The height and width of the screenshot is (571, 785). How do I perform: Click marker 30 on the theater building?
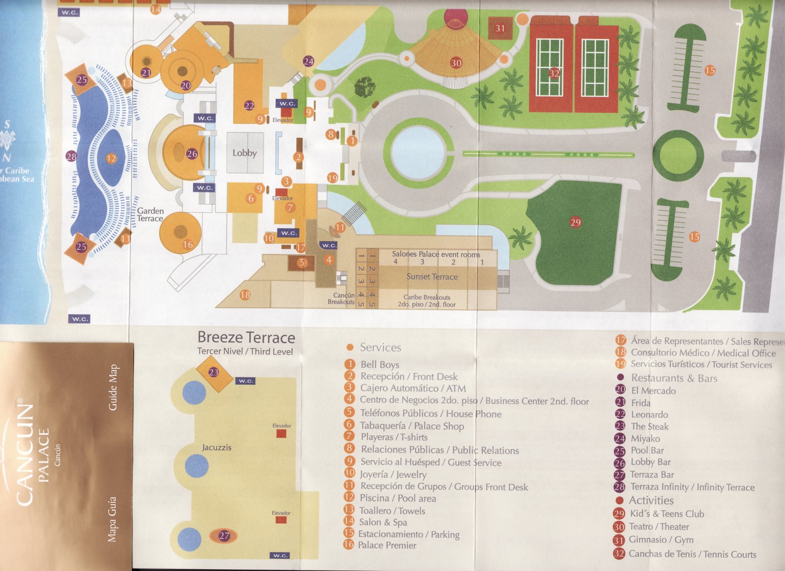(x=456, y=63)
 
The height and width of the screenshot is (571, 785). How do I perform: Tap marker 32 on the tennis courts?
(x=554, y=73)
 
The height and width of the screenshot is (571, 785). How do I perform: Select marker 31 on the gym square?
(x=500, y=28)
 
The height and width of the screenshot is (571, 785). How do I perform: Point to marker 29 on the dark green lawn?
(x=576, y=222)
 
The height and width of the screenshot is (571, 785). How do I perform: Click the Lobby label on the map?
(x=245, y=153)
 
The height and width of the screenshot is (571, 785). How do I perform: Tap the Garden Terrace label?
(x=150, y=214)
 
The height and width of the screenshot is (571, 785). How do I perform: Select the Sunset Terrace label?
(x=432, y=277)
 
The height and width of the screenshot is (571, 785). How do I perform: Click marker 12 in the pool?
(x=111, y=158)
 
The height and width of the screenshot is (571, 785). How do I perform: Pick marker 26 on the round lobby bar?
(x=192, y=154)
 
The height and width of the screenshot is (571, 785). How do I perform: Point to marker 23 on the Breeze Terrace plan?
(x=213, y=372)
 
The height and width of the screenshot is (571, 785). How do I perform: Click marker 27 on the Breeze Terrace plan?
(x=224, y=536)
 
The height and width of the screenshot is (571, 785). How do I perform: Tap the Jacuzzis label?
(x=216, y=447)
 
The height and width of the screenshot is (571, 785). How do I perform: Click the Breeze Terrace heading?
(x=246, y=337)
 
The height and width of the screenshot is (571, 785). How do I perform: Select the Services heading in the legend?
(x=380, y=347)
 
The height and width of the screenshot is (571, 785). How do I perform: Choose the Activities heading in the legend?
(x=651, y=500)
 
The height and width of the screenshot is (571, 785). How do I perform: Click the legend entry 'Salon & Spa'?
(x=383, y=522)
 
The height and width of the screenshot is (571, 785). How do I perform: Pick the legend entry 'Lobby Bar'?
(x=650, y=462)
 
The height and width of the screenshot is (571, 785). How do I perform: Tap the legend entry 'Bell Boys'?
(x=380, y=364)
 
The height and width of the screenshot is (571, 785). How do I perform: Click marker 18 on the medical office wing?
(x=245, y=295)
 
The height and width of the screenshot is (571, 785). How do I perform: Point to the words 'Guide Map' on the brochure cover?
(x=113, y=388)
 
